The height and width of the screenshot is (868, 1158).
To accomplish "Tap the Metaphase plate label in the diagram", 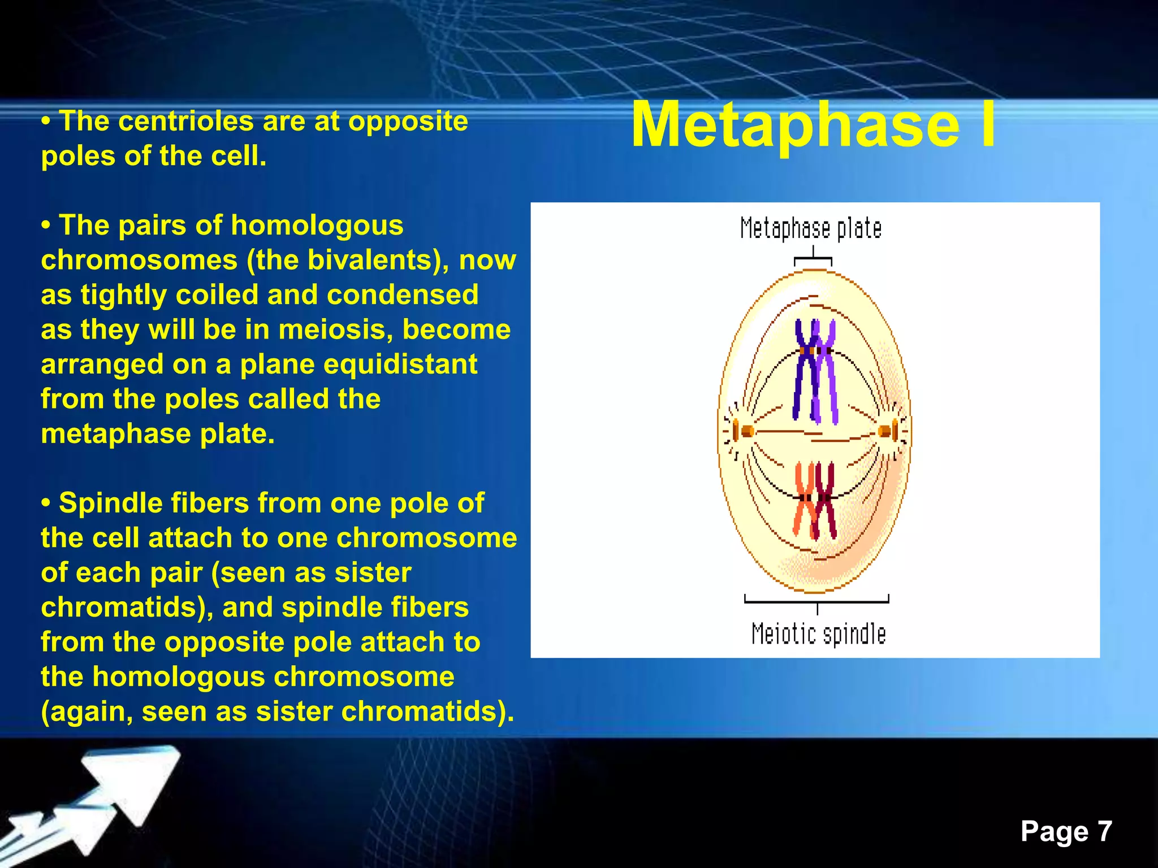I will pos(811,229).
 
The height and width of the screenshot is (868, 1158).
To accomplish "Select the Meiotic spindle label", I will pos(818,634).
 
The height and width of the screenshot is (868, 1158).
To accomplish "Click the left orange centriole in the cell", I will pos(746,432).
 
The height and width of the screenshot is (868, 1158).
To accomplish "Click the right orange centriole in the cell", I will pos(885,432).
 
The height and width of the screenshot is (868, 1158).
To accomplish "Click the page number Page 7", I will pos(1066,832).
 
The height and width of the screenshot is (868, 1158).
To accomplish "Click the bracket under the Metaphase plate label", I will pos(813,259).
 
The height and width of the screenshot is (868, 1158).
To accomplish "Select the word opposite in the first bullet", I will pos(408,121).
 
